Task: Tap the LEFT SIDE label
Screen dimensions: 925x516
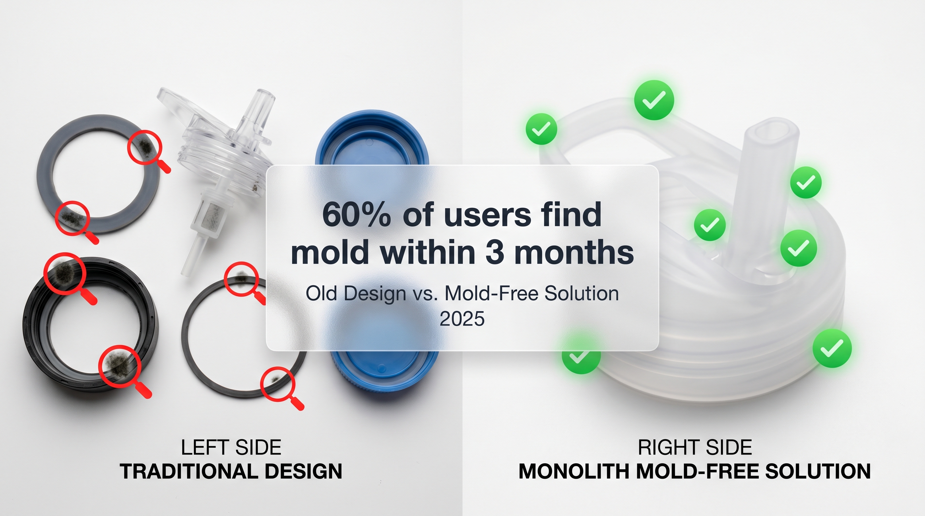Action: [x=231, y=447]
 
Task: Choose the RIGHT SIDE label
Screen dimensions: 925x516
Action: [x=695, y=447]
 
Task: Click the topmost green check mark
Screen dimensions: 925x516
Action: [x=654, y=100]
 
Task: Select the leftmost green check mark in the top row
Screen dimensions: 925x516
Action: [x=541, y=129]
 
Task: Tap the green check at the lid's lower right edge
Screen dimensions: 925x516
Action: [x=832, y=348]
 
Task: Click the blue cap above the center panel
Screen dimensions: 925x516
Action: [x=372, y=138]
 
